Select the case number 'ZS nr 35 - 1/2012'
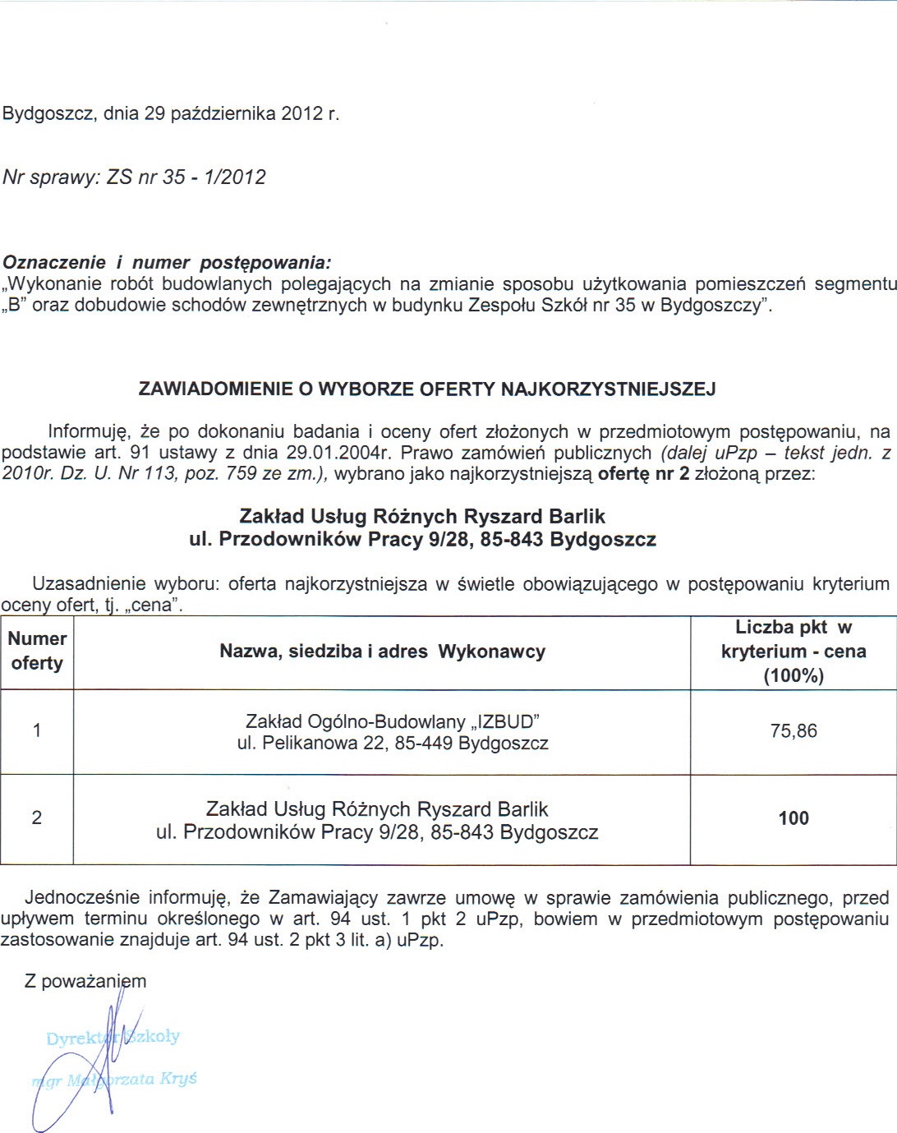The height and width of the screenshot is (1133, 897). pos(186,177)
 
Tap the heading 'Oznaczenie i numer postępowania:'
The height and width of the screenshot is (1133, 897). pos(167,263)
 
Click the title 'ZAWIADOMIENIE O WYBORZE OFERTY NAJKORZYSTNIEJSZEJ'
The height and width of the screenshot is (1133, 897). pos(427,389)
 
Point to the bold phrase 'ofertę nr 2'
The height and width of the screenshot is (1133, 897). pos(643,474)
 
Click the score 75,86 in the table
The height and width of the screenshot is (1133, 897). pos(793,731)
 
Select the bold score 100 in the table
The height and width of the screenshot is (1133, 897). pos(793,818)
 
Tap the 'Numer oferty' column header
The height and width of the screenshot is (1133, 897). pos(37,651)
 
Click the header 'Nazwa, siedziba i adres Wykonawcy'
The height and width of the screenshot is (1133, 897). pos(382,652)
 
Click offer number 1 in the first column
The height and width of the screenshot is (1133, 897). pos(37,730)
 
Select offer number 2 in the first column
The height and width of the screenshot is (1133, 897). pos(37,818)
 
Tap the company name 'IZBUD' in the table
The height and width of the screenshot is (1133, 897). pos(507,722)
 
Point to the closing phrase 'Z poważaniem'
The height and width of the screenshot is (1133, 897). pos(85,981)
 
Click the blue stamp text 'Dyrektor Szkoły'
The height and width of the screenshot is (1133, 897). pos(113,1038)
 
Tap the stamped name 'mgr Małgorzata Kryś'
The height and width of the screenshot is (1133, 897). pos(115,1080)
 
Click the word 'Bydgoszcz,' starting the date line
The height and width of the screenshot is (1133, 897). pos(49,113)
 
